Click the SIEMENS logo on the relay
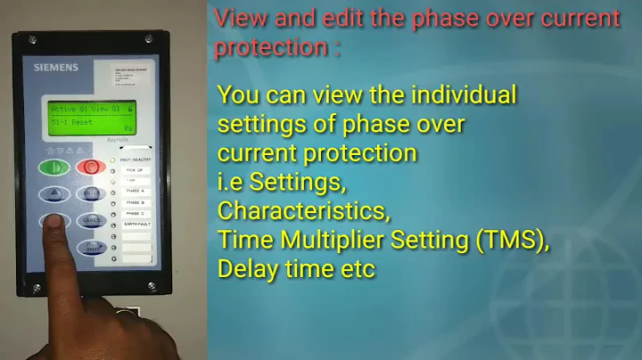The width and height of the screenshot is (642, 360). pyautogui.click(x=56, y=67)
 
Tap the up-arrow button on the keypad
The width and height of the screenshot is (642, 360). pyautogui.click(x=54, y=193)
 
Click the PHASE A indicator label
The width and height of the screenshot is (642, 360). pyautogui.click(x=134, y=192)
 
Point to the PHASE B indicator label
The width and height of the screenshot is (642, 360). pyautogui.click(x=134, y=203)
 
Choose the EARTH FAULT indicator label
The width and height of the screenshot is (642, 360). pyautogui.click(x=136, y=225)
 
